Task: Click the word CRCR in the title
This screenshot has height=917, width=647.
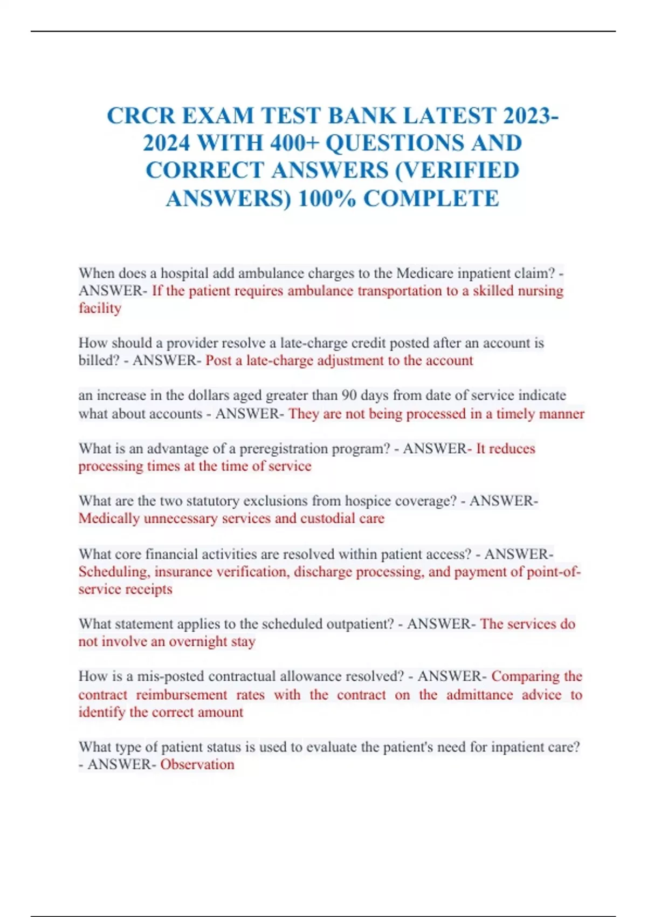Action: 141,116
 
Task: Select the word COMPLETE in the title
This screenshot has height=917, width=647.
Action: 431,199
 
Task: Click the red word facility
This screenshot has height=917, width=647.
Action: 100,308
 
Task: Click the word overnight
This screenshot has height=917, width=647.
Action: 198,641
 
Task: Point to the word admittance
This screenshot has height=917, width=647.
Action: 479,694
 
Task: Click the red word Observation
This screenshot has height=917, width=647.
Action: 197,764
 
